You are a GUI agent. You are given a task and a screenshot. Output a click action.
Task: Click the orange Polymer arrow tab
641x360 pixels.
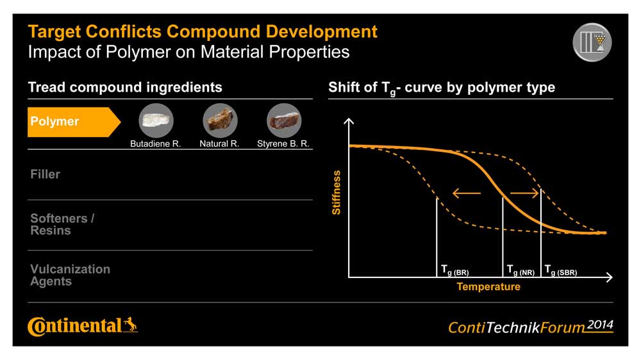[x=74, y=122]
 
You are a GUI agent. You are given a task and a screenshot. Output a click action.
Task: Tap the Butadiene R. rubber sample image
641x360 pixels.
[x=156, y=120]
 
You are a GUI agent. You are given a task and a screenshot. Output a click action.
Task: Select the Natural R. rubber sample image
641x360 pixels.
[x=220, y=120]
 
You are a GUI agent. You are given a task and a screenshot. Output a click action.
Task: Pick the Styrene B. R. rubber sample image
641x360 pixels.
[x=284, y=120]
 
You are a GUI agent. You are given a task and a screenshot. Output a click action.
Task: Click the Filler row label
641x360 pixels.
[x=45, y=174]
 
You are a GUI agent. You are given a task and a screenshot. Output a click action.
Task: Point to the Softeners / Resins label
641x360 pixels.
[x=62, y=224]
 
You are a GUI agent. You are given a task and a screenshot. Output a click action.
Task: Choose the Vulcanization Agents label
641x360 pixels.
[x=71, y=275]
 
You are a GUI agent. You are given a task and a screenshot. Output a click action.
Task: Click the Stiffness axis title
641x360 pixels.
[x=336, y=192]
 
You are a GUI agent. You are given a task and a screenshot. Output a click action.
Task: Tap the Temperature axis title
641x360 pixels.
[x=488, y=286]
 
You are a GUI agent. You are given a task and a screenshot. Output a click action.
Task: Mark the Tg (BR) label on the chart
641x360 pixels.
[x=454, y=270]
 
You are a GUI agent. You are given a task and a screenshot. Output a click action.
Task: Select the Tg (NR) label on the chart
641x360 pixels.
[x=520, y=270]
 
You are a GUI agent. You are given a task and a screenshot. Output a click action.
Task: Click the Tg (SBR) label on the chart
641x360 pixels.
[x=560, y=270]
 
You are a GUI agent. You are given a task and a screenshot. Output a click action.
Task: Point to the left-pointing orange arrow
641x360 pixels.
[x=467, y=193]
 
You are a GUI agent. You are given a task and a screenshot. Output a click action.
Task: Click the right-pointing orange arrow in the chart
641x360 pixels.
[x=524, y=193]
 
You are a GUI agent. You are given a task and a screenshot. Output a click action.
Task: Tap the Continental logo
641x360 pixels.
[x=83, y=326]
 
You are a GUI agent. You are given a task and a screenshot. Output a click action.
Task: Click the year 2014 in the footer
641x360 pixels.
[x=600, y=325]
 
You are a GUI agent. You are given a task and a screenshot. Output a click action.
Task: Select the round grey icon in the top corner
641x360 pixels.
[x=592, y=42]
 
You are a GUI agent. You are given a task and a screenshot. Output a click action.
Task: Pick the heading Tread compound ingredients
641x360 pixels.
[x=125, y=87]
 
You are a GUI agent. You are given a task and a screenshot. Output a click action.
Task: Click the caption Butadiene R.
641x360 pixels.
[x=155, y=144]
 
